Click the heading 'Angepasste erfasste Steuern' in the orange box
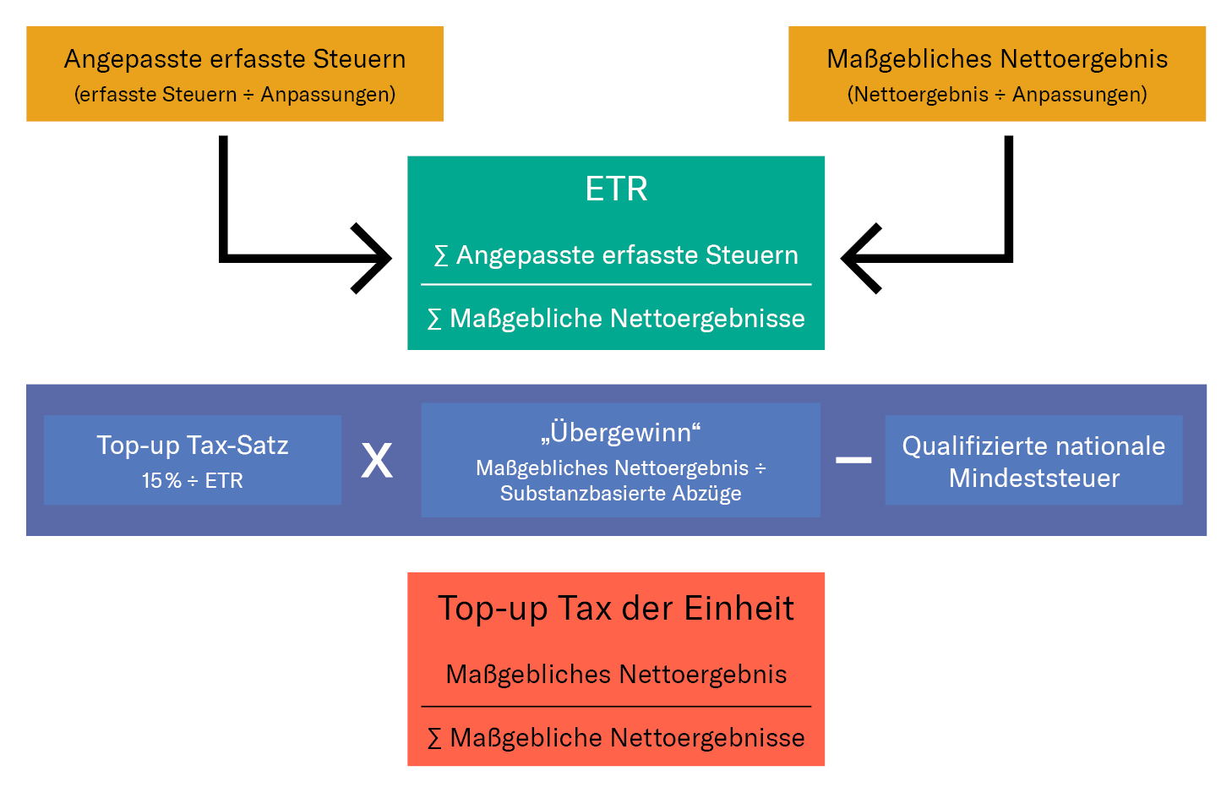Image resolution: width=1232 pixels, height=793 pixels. [x=235, y=60]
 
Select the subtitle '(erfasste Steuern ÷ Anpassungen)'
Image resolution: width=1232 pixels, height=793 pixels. [x=235, y=94]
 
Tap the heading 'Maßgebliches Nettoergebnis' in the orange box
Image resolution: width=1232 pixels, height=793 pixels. [x=997, y=60]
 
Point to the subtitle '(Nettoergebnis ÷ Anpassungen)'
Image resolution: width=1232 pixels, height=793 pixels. [x=997, y=94]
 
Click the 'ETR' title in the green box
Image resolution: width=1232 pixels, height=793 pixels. [x=616, y=189]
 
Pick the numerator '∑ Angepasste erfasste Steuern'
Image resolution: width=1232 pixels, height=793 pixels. [x=616, y=255]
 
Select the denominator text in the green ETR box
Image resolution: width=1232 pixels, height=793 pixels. [x=616, y=319]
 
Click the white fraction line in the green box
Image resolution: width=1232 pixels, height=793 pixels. [x=616, y=285]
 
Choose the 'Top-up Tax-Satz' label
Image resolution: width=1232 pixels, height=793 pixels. [x=193, y=446]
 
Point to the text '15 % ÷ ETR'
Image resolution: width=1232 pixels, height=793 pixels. [x=193, y=480]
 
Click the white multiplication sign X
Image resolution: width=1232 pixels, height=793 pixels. [x=377, y=460]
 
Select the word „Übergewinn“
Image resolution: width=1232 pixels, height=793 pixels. [x=620, y=432]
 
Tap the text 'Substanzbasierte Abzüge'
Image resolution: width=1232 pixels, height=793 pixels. [x=620, y=493]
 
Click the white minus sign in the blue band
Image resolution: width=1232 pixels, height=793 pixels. [x=853, y=460]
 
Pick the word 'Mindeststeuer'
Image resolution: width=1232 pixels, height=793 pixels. [x=1034, y=479]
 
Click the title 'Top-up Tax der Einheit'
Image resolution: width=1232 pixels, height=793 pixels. [x=616, y=609]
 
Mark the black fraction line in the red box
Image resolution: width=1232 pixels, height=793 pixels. [x=616, y=707]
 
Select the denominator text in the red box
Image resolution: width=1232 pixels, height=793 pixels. [x=616, y=738]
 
